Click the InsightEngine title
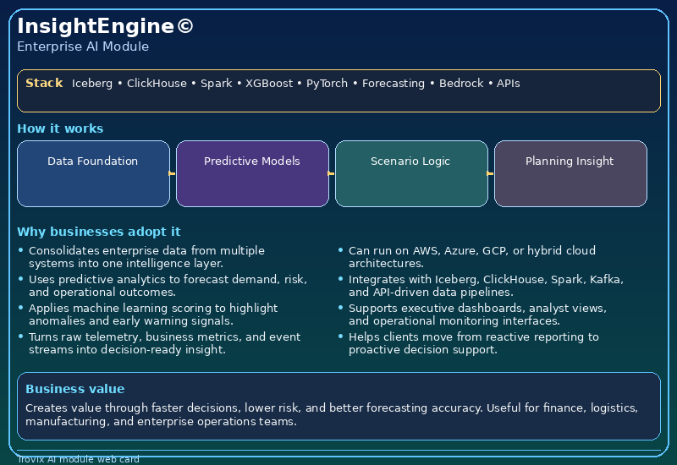[95, 26]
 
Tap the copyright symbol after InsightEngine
[185, 26]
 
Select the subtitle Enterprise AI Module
[83, 46]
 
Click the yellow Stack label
[44, 83]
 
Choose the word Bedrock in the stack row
[461, 84]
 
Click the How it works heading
[60, 129]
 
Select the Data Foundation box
[93, 173]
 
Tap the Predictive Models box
[252, 173]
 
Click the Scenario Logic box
[411, 173]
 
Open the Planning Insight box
[570, 173]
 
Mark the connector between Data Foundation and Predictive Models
[173, 173]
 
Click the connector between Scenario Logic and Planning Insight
[491, 173]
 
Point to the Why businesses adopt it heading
[98, 232]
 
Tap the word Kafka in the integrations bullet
[606, 280]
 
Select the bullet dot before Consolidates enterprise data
[21, 250]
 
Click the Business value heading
[74, 389]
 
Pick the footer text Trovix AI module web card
[78, 459]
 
